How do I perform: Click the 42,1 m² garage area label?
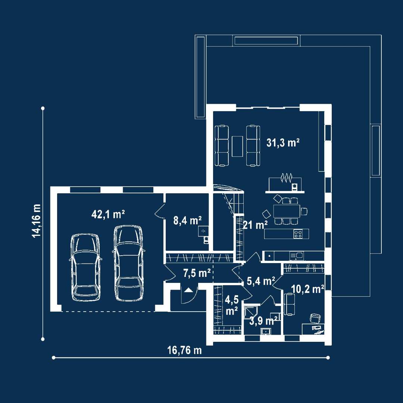pos(108,214)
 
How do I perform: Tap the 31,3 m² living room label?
pos(283,143)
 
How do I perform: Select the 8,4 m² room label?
pos(187,221)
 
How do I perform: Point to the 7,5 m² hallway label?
pos(197,273)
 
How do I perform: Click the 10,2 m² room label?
pos(307,289)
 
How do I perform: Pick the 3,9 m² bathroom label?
pos(263,321)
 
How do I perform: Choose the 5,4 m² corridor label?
pos(261,281)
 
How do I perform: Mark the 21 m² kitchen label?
pos(255,225)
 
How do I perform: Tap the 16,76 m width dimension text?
pos(185,350)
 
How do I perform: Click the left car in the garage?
pos(85,267)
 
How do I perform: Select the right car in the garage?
pos(128,263)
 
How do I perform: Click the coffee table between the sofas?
pos(237,146)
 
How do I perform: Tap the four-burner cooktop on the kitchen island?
pos(298,234)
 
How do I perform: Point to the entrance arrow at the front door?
pos(188,290)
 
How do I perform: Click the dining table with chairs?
pos(286,211)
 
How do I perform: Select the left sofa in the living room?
pos(222,146)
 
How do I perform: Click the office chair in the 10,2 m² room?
pos(315,318)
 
